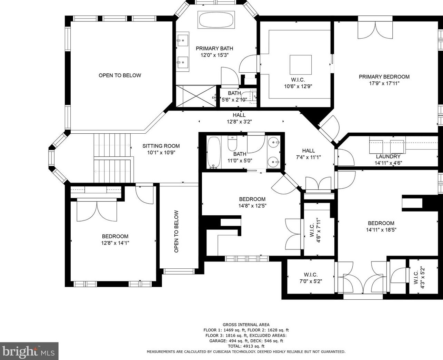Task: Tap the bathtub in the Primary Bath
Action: [x=216, y=20]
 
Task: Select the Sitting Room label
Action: [x=161, y=146]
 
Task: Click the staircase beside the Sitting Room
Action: [x=113, y=158]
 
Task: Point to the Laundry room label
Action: [x=388, y=156]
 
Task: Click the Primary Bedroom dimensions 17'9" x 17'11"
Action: [x=384, y=83]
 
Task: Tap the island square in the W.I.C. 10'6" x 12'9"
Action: [x=301, y=65]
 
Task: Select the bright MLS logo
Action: [x=29, y=351]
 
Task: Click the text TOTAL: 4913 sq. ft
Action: [x=246, y=346]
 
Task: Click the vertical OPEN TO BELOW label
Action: [x=177, y=232]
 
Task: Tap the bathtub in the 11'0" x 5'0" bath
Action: [x=214, y=152]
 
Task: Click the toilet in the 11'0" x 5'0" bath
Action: [x=232, y=143]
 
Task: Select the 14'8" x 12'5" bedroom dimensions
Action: [x=252, y=206]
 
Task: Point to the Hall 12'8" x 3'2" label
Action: [x=239, y=118]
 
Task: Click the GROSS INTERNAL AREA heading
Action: [x=246, y=325]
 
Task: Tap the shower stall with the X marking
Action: [x=196, y=96]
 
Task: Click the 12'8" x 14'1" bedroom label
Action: [x=115, y=239]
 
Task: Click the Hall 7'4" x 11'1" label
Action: [x=309, y=154]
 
